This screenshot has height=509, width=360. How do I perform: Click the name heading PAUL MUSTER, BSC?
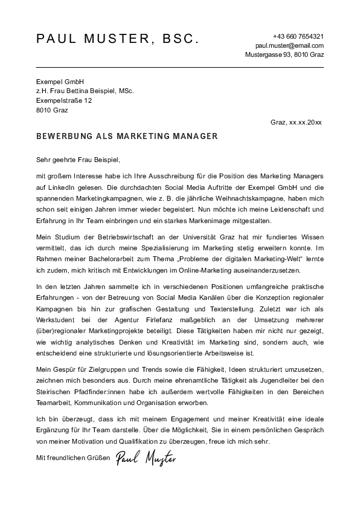coord(117,39)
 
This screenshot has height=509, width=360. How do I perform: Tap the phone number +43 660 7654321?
coord(298,36)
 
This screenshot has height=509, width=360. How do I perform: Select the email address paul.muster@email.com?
coord(289,45)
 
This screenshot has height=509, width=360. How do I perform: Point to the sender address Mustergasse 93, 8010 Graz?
coord(284,54)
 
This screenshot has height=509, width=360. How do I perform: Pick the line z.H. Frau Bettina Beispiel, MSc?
coord(85,91)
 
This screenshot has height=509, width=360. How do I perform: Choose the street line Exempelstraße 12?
coord(64,100)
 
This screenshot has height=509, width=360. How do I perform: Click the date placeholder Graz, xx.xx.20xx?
coord(297,122)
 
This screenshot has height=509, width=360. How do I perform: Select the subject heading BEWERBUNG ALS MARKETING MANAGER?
coord(127,137)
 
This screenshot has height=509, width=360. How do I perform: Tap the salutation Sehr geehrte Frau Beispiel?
coord(79,160)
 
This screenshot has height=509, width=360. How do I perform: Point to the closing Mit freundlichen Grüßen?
coord(72,458)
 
